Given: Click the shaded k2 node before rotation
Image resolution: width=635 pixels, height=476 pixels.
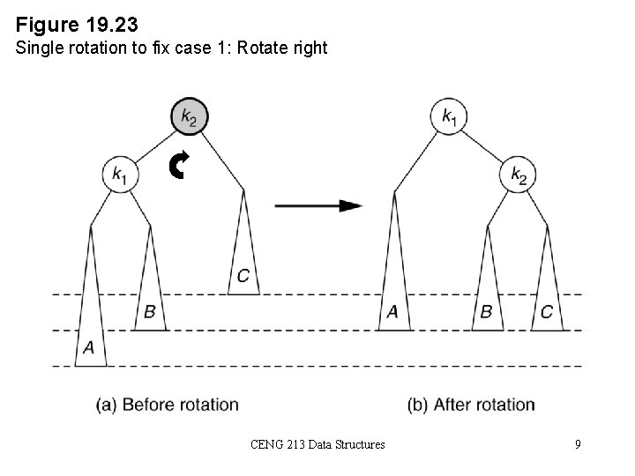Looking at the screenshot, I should pyautogui.click(x=190, y=117).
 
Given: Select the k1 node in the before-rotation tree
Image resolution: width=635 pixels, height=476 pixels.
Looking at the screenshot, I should pyautogui.click(x=120, y=175).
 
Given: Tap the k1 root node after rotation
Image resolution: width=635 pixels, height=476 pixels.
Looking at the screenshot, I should pyautogui.click(x=449, y=117).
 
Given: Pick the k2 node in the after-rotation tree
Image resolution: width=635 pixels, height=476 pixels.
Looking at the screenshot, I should pyautogui.click(x=519, y=175).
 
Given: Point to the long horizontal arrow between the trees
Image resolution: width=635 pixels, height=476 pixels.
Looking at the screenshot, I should pyautogui.click(x=318, y=205).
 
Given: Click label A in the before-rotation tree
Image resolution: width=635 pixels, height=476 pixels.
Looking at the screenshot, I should pyautogui.click(x=88, y=348).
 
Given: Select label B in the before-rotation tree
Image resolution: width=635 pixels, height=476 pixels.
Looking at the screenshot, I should pyautogui.click(x=150, y=311).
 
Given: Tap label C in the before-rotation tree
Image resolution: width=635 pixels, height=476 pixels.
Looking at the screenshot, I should pyautogui.click(x=243, y=277).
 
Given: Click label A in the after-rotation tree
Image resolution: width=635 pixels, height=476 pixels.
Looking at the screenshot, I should pyautogui.click(x=393, y=311).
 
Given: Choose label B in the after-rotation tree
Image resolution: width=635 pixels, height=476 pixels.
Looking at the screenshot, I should pyautogui.click(x=486, y=311).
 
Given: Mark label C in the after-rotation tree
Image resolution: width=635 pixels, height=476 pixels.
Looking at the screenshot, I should pyautogui.click(x=547, y=311).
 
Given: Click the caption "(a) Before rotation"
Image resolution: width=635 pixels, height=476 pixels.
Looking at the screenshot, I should pyautogui.click(x=168, y=405).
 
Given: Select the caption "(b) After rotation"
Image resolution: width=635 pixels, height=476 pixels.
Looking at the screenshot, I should pyautogui.click(x=471, y=405).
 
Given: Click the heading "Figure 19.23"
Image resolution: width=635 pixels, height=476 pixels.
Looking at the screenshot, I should pyautogui.click(x=77, y=20).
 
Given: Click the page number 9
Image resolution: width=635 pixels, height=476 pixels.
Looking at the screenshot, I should pyautogui.click(x=578, y=444).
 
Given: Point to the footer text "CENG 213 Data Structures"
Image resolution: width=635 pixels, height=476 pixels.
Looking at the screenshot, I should pyautogui.click(x=317, y=444).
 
